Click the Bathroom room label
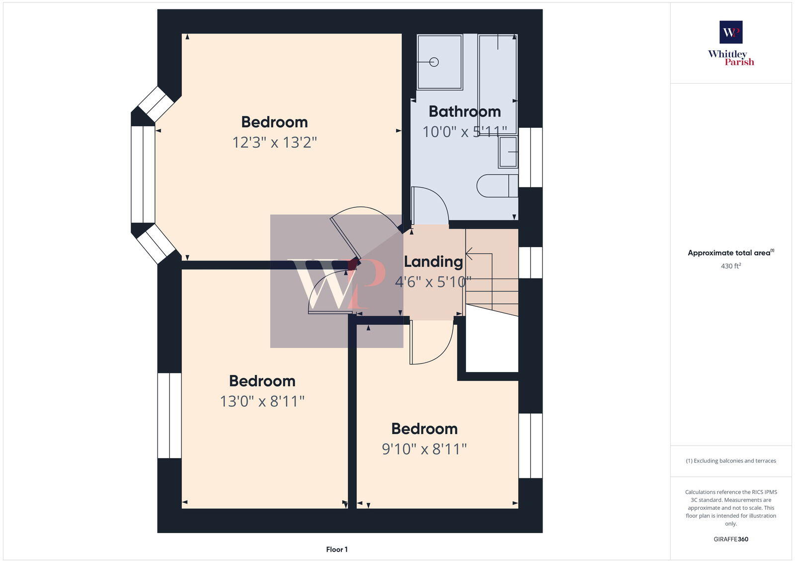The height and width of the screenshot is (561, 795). (465, 111)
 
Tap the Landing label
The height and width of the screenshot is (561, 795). (433, 262)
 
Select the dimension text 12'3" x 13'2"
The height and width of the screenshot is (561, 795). (274, 143)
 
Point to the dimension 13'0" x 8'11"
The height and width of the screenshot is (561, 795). (262, 401)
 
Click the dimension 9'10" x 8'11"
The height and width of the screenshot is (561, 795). (424, 449)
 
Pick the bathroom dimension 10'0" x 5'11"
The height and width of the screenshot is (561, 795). (465, 132)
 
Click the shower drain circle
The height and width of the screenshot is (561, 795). (434, 62)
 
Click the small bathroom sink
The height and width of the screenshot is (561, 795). (508, 152)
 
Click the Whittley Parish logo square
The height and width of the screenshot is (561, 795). (731, 32)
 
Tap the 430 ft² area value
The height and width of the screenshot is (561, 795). (731, 266)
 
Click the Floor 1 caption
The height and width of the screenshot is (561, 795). (337, 550)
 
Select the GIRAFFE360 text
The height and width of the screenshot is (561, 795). (731, 539)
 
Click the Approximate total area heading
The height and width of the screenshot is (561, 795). (730, 253)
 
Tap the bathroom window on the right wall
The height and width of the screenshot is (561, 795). (530, 157)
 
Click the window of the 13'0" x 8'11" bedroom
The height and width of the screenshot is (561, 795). (169, 415)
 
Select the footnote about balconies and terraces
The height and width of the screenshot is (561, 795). (731, 461)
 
